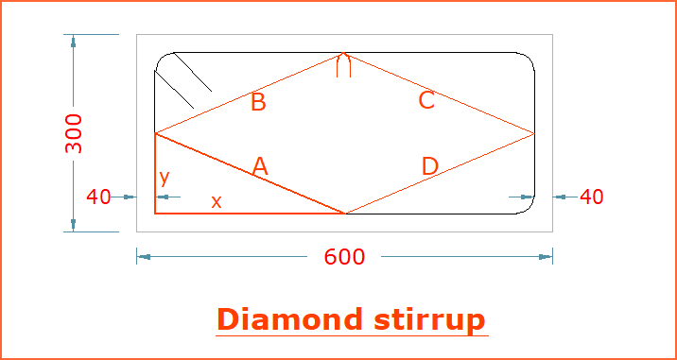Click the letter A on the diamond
[259, 166]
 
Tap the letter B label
[258, 103]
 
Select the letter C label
[426, 100]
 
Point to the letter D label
[430, 166]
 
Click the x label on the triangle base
[217, 201]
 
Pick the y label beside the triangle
[165, 178]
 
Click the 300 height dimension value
[74, 133]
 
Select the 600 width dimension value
[344, 257]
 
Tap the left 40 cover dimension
[98, 197]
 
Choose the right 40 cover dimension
[592, 197]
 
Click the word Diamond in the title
[289, 320]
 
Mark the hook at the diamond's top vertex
[343, 65]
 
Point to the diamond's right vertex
[534, 134]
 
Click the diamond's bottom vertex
[345, 214]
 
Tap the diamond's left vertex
[155, 133]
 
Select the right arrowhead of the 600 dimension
[546, 257]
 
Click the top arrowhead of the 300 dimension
[74, 42]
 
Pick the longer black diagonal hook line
[174, 90]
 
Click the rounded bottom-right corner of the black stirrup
[529, 209]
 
